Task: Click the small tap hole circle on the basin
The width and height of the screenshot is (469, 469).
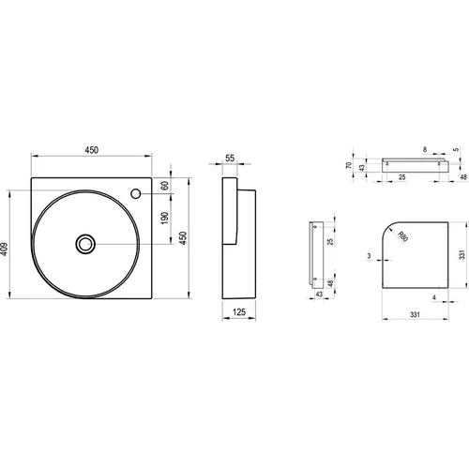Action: [136, 194]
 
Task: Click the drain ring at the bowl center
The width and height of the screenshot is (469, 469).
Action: [85, 244]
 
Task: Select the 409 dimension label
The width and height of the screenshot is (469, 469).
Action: [4, 249]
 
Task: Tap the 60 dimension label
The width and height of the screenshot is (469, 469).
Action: [165, 185]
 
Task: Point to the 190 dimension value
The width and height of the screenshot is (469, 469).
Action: [165, 218]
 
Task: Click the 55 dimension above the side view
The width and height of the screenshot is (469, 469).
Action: [230, 159]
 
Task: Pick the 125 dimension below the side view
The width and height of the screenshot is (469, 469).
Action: [239, 311]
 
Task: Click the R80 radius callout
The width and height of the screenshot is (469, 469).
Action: [403, 236]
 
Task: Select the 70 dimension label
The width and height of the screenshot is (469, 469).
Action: [349, 165]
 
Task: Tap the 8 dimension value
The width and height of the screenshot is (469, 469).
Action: [425, 149]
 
